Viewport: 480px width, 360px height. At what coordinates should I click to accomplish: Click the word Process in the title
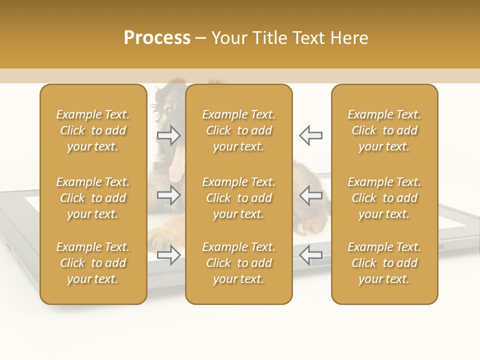pos(157,37)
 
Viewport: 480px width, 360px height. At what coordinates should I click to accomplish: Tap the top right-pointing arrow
pos(169,135)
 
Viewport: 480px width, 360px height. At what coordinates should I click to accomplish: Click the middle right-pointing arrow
pos(169,194)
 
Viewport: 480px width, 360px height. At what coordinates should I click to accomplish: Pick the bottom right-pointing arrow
pos(169,255)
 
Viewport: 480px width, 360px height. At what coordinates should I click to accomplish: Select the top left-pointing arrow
pos(311,135)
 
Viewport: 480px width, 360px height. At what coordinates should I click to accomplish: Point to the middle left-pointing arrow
pos(311,194)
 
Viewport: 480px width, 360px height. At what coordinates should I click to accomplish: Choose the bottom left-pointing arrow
pos(311,254)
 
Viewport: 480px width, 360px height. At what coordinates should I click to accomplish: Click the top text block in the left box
pos(93,130)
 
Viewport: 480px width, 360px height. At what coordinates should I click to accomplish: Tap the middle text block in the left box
pos(93,198)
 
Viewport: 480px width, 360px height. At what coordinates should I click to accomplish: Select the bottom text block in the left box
pos(93,263)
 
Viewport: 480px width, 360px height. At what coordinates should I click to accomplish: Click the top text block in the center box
pos(239,130)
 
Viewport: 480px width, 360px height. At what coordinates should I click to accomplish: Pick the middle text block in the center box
pos(239,198)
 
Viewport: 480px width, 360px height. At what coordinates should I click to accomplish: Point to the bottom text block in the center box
pos(239,263)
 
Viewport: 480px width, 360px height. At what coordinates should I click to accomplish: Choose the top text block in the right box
pos(384,130)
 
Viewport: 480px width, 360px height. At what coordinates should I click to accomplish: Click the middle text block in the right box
pos(384,198)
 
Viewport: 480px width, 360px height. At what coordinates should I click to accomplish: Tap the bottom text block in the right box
pos(384,263)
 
